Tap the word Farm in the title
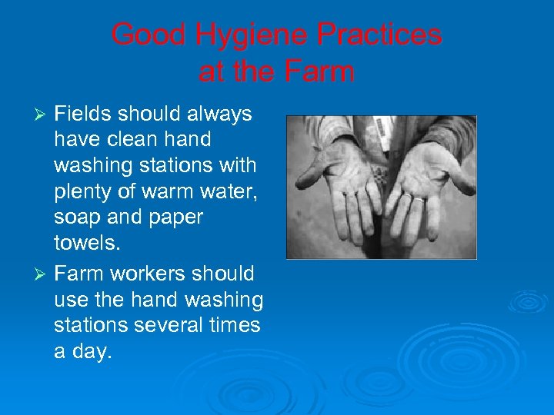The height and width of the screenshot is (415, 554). point(319,71)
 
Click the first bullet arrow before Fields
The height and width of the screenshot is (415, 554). point(43,115)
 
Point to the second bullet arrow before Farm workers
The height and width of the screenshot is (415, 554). point(43,274)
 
